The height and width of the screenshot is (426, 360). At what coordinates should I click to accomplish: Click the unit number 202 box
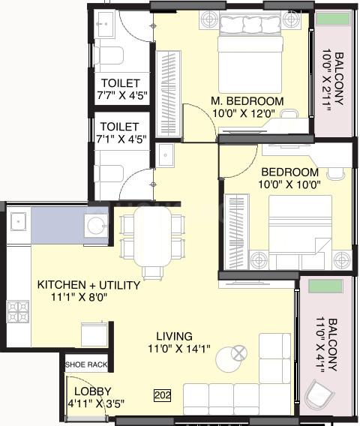[x=163, y=395]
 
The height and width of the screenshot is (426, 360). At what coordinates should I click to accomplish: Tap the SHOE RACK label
[x=86, y=364]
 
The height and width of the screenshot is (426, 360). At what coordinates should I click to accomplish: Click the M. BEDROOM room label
[x=247, y=101]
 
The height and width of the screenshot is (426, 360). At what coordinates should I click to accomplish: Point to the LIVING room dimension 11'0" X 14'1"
[x=179, y=348]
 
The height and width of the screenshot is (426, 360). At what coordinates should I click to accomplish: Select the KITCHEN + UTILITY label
[x=88, y=285]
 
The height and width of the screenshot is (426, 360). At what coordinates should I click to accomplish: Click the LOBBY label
[x=93, y=391]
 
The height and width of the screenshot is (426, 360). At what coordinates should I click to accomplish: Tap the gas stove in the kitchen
[x=18, y=311]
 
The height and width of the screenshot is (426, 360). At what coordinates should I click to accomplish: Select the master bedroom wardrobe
[x=169, y=93]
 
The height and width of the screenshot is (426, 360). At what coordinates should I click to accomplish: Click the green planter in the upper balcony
[x=333, y=19]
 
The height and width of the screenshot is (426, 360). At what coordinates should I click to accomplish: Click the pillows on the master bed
[x=250, y=25]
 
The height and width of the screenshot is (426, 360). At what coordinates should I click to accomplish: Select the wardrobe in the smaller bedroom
[x=236, y=232]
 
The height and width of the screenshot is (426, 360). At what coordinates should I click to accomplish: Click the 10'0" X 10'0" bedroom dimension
[x=289, y=184]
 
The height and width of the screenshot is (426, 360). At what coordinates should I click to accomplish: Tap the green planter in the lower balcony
[x=325, y=286]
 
